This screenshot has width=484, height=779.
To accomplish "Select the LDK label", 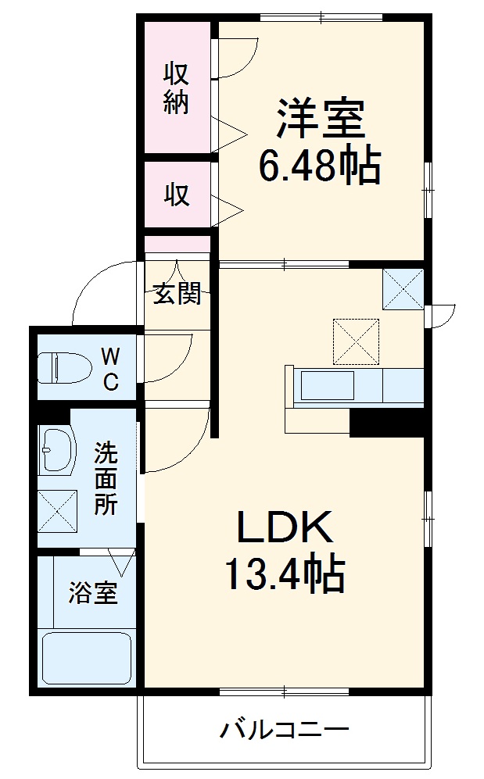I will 285,530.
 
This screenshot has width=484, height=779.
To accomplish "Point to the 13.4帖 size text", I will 285,574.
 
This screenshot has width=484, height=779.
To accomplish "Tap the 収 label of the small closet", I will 177,194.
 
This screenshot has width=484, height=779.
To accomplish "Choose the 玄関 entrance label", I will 177,294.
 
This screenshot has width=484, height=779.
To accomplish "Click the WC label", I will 111,370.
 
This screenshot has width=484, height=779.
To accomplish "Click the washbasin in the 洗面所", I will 56,451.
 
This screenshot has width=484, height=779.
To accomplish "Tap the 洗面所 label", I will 106,477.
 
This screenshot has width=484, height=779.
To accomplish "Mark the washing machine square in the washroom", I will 58,510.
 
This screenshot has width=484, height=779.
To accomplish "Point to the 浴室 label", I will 93,593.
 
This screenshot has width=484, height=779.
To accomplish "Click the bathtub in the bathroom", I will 86,659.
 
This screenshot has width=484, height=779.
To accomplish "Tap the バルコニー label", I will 283,731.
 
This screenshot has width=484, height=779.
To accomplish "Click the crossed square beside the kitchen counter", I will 356,341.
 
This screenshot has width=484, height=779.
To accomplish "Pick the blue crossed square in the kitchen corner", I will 403,288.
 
